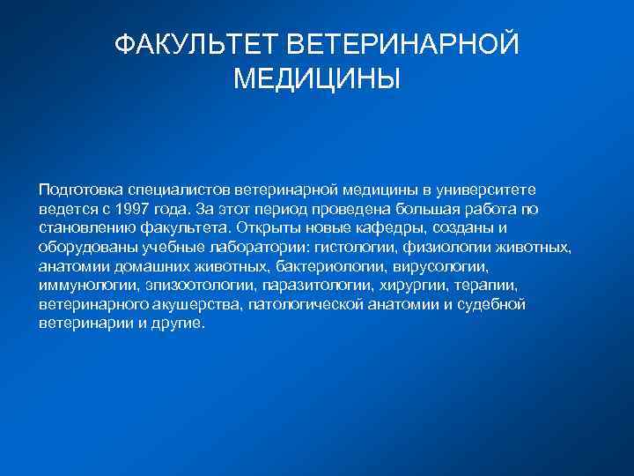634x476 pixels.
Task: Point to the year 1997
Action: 151,209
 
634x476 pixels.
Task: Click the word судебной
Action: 490,304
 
